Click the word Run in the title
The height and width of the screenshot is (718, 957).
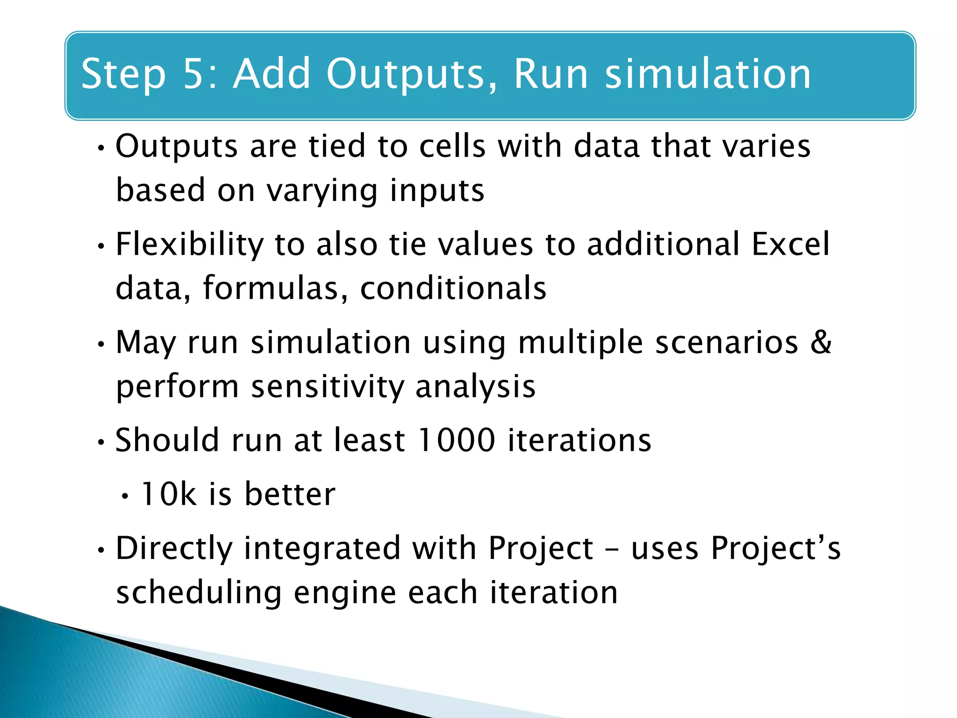click(x=551, y=74)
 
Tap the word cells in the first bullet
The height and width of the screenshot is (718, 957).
click(x=452, y=146)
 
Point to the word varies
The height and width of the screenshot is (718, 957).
click(x=766, y=146)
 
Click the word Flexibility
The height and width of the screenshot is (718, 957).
click(x=190, y=244)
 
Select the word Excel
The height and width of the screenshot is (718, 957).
click(x=790, y=244)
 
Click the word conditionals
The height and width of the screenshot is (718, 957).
click(x=453, y=288)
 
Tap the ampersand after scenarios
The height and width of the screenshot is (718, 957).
click(x=821, y=342)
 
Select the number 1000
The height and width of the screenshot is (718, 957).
click(x=456, y=440)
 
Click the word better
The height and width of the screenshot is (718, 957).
click(x=290, y=494)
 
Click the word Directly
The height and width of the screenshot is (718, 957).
click(x=174, y=548)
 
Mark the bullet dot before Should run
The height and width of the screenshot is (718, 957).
click(x=100, y=443)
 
